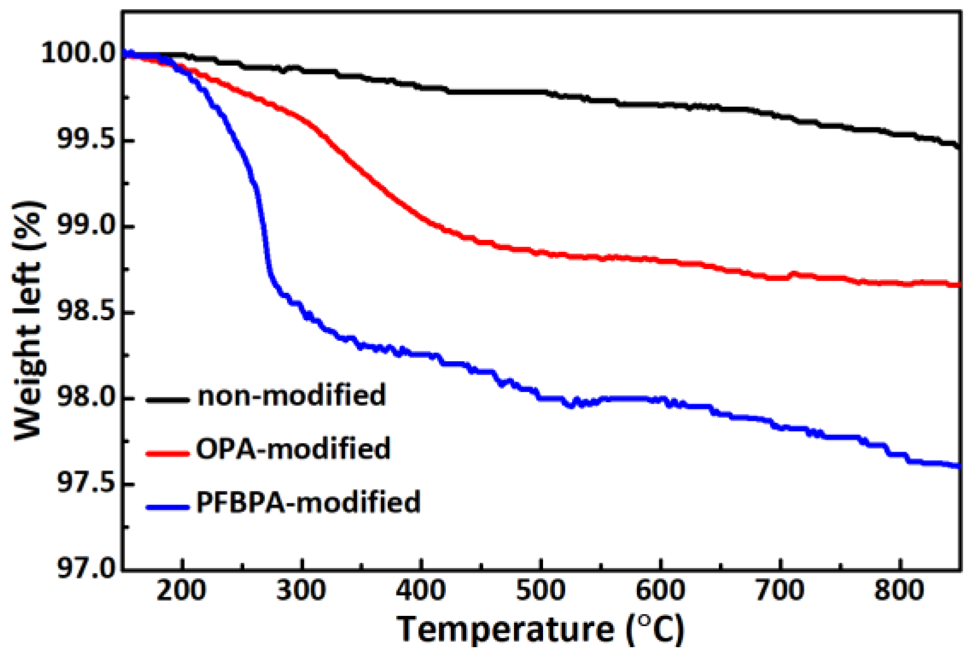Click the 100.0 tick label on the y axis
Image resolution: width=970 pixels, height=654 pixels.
click(x=78, y=54)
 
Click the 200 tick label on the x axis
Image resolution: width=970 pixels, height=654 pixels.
click(x=181, y=591)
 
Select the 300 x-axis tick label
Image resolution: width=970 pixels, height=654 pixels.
click(x=301, y=591)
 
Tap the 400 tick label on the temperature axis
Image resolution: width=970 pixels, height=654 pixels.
click(x=421, y=591)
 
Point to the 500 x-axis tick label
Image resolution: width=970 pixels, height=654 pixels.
click(x=541, y=591)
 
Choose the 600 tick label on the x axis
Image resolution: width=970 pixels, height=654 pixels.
click(x=661, y=591)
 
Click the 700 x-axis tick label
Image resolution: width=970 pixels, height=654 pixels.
click(x=780, y=591)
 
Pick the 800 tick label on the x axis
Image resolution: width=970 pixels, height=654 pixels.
click(x=899, y=591)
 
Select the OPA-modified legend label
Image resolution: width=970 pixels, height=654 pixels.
click(x=293, y=449)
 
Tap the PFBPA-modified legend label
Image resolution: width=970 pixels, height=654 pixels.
click(x=308, y=503)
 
